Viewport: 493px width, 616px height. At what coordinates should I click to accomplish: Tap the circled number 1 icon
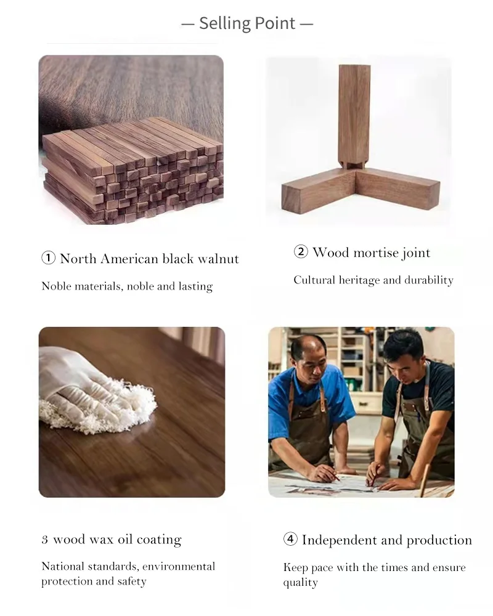[48, 258]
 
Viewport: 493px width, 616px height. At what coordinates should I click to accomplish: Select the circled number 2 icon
[301, 251]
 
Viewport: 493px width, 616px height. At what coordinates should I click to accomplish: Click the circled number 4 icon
[290, 539]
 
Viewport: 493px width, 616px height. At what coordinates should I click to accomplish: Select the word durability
[429, 280]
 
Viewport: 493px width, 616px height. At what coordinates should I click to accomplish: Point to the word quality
[300, 583]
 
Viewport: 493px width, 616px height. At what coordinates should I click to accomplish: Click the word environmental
[179, 567]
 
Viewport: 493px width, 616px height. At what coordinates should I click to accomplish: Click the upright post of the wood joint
[354, 116]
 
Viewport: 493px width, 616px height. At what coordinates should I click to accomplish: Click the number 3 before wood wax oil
[44, 540]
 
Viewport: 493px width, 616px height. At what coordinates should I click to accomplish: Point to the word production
[439, 541]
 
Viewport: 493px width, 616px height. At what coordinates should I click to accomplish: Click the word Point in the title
[275, 23]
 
